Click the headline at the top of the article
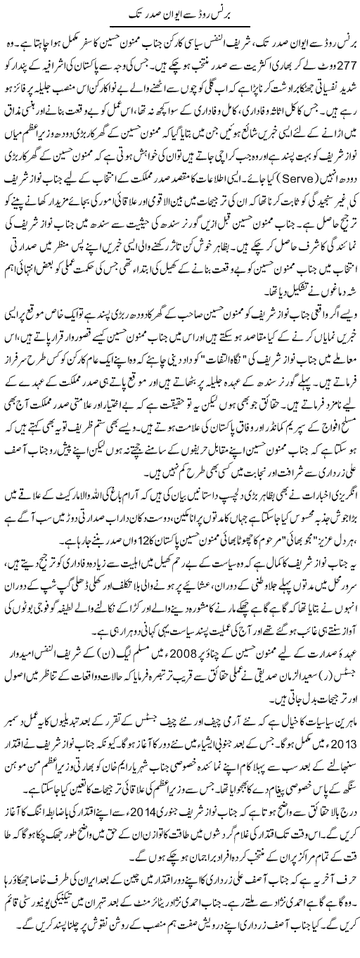180,13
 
